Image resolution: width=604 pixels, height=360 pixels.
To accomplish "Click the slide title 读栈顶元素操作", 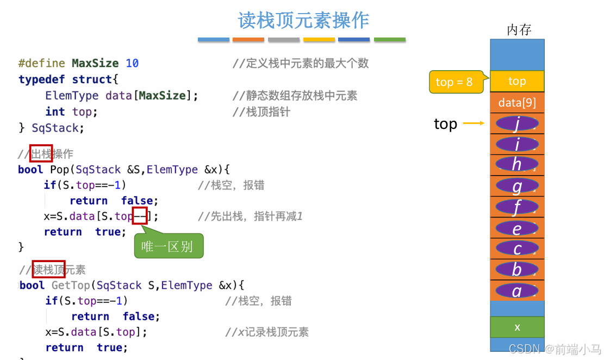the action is click(303, 20).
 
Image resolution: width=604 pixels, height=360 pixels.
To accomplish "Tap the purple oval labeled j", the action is click(517, 124).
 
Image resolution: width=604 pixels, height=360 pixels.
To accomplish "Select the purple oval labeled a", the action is click(517, 291).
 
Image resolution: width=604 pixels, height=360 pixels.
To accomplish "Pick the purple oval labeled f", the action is click(517, 207).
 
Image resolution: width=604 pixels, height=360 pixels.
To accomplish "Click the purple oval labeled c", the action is click(517, 249).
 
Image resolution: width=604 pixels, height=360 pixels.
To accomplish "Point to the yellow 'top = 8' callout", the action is click(454, 82).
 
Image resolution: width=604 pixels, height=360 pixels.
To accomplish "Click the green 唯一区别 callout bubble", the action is click(167, 246).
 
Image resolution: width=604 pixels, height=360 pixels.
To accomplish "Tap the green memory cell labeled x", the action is click(517, 327).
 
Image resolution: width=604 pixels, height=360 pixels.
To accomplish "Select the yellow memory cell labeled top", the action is click(517, 81).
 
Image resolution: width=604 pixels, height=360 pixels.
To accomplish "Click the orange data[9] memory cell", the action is click(517, 102).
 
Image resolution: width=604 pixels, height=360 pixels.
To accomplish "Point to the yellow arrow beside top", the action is click(474, 123).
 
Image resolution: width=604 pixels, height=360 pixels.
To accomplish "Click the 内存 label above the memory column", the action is click(519, 30).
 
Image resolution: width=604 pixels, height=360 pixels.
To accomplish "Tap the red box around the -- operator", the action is click(140, 216).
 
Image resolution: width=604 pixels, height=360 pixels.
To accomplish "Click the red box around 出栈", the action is click(41, 154).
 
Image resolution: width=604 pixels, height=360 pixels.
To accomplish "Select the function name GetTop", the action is click(71, 285).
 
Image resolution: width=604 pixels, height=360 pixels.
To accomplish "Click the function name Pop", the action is click(60, 169).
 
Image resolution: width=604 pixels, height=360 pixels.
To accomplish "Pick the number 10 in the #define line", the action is click(132, 63).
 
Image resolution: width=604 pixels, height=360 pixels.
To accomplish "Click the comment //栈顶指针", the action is click(261, 111).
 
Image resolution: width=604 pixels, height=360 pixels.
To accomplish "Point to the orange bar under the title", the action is click(248, 40).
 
